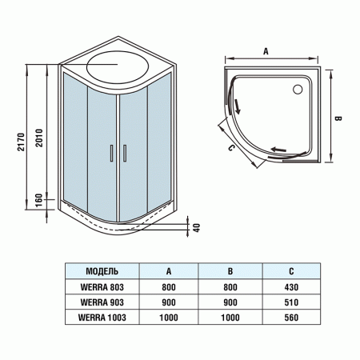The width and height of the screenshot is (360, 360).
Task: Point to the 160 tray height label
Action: [x=39, y=198]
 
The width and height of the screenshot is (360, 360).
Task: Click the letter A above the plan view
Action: [x=266, y=49]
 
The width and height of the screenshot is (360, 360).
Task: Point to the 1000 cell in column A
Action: [x=169, y=318]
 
